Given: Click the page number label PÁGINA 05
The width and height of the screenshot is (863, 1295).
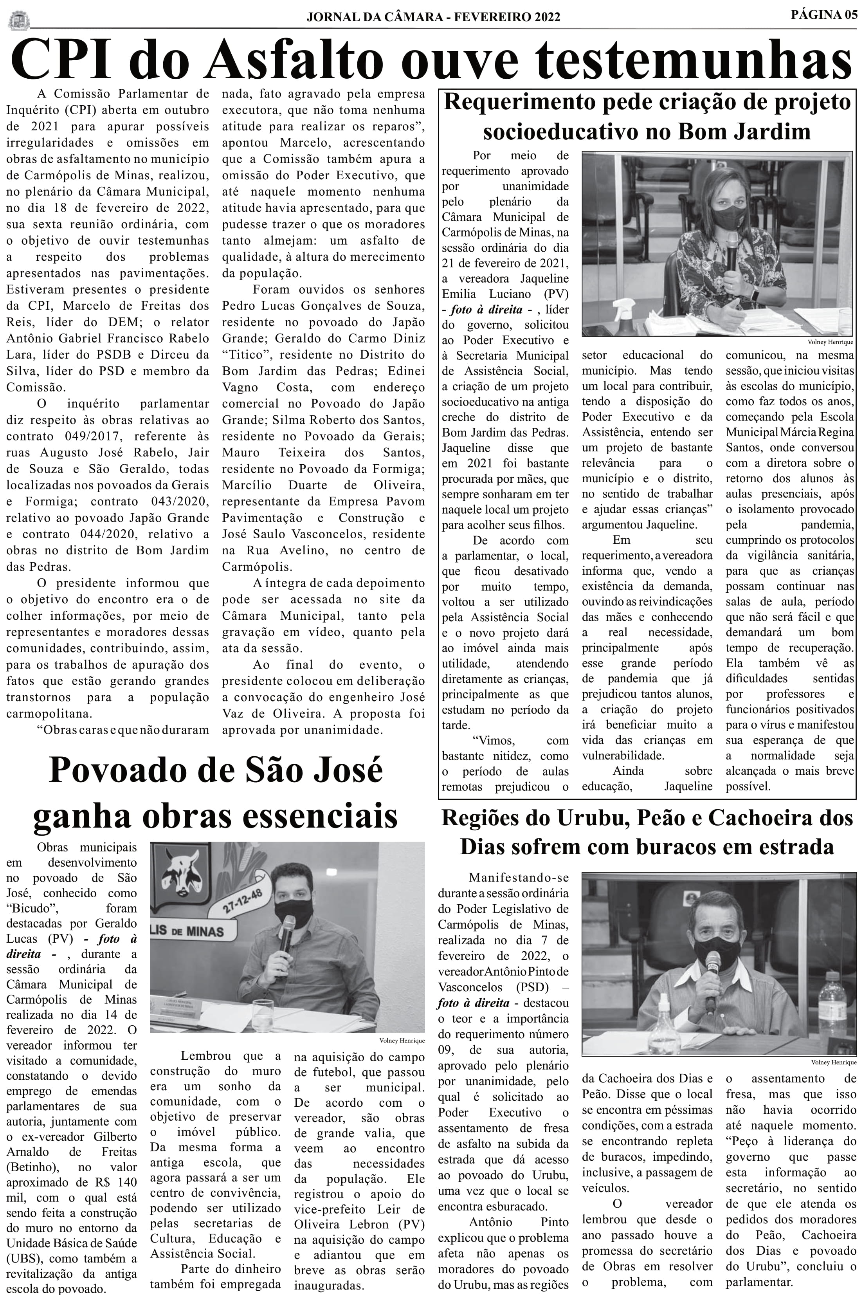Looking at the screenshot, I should coord(823,15).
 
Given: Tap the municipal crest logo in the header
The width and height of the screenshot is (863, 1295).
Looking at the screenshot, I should coord(19,21).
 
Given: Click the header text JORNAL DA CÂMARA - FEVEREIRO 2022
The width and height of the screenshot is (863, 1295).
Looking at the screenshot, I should coord(433,17).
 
